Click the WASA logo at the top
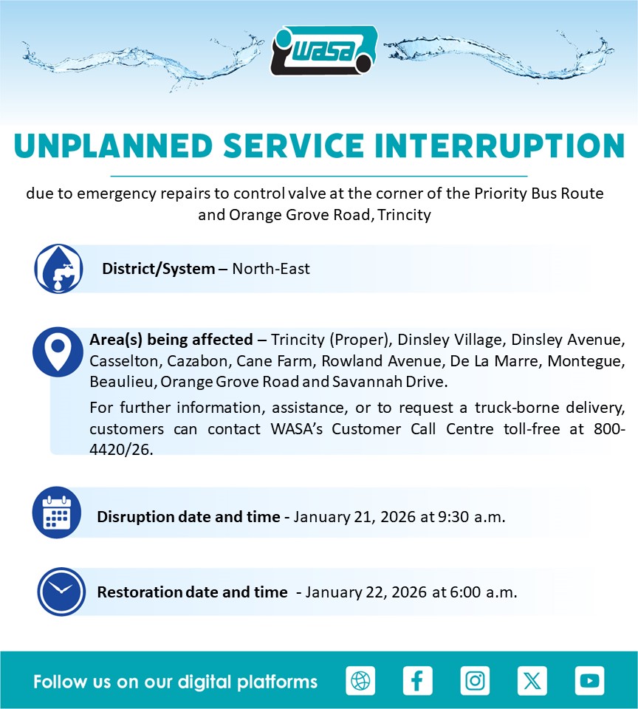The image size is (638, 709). click(323, 50)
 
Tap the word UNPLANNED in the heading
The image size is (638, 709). click(114, 145)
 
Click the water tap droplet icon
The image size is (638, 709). click(59, 269)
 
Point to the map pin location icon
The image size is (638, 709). click(58, 352)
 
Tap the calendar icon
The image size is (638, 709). click(57, 513)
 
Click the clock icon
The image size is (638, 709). click(61, 592)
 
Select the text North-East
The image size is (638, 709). click(271, 269)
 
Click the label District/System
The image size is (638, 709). click(159, 269)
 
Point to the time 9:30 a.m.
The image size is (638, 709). click(471, 516)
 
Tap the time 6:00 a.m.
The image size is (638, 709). click(483, 592)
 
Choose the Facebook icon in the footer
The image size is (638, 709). click(418, 680)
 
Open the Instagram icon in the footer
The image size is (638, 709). click(475, 680)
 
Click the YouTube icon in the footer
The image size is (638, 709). click(589, 680)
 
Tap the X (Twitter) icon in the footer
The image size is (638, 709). click(532, 680)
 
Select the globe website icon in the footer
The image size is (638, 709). click(360, 680)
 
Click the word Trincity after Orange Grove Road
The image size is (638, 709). click(404, 214)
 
